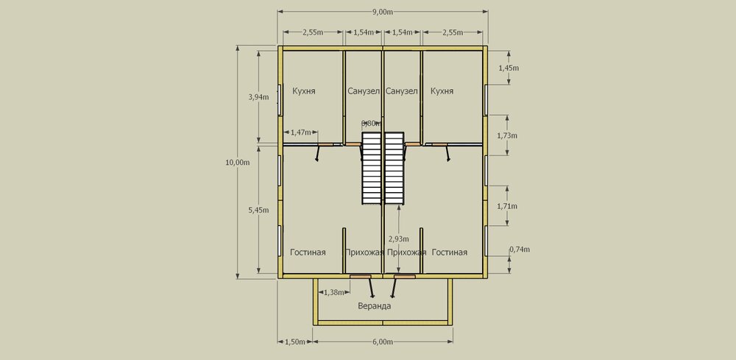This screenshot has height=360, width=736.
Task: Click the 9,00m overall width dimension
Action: tap(383, 13)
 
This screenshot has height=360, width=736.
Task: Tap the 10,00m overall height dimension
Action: tap(238, 163)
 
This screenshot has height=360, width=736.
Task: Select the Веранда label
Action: tap(374, 306)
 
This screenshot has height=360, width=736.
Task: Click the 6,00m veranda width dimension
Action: tap(383, 342)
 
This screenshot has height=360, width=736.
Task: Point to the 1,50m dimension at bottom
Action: tap(295, 342)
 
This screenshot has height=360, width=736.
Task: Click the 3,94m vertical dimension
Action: tap(258, 97)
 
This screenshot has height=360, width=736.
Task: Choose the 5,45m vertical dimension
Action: tap(258, 210)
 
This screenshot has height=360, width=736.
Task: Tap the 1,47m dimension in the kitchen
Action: tap(300, 133)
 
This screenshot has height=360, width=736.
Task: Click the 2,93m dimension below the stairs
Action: tap(398, 239)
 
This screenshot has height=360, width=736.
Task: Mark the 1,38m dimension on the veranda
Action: tap(334, 292)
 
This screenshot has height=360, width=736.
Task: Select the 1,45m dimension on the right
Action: tap(509, 68)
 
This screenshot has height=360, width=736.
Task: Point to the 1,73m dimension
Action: tap(507, 135)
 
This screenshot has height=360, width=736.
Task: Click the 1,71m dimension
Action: tap(507, 206)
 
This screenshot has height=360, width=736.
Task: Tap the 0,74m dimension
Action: tap(520, 250)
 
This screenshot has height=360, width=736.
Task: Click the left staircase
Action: tap(371, 168)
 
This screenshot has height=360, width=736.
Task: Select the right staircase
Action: tap(394, 168)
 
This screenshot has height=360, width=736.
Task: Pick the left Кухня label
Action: tap(304, 91)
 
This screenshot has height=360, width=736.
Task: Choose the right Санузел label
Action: tap(401, 91)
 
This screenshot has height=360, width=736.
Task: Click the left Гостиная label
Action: tap(308, 253)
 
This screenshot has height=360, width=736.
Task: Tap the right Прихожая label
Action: tap(406, 253)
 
